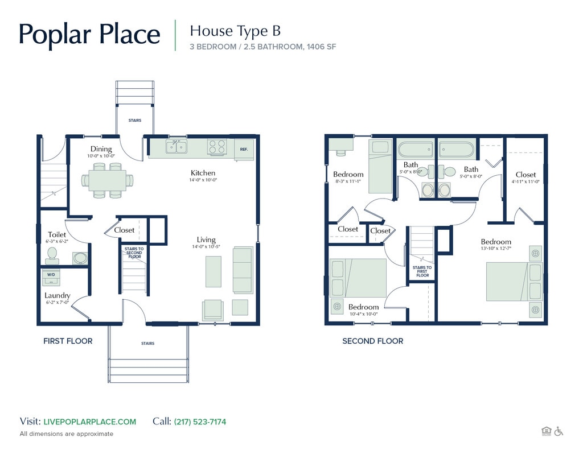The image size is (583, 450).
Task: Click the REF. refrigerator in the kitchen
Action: (x=244, y=149)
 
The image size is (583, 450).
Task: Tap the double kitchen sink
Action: (x=176, y=147)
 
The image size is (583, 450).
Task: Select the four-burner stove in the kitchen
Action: (x=216, y=147)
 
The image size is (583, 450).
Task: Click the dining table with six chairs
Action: (x=107, y=180)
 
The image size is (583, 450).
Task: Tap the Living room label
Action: (x=206, y=240)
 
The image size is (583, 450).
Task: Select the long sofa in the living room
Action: (x=243, y=270)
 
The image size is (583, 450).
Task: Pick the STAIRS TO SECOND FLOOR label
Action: (x=134, y=253)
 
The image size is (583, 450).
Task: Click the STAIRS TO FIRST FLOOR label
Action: (x=422, y=271)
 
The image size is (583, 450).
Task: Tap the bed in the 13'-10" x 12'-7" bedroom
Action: (x=506, y=281)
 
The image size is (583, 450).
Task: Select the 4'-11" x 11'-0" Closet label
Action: (x=525, y=175)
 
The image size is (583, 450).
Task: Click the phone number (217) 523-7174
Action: (x=200, y=422)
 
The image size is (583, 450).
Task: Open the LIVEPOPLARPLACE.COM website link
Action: (x=89, y=422)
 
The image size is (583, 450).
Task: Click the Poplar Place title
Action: (x=89, y=34)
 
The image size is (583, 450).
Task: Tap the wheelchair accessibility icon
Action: (x=559, y=431)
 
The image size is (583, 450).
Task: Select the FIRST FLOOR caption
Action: (x=68, y=341)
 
